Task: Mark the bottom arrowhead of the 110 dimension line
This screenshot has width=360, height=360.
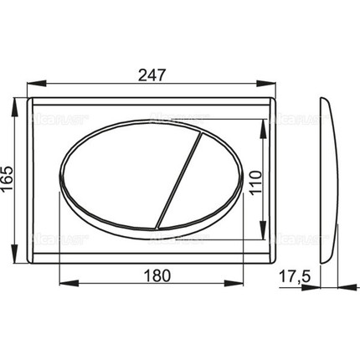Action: click(x=265, y=223)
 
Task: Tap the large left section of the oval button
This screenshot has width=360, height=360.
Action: click(x=117, y=179)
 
